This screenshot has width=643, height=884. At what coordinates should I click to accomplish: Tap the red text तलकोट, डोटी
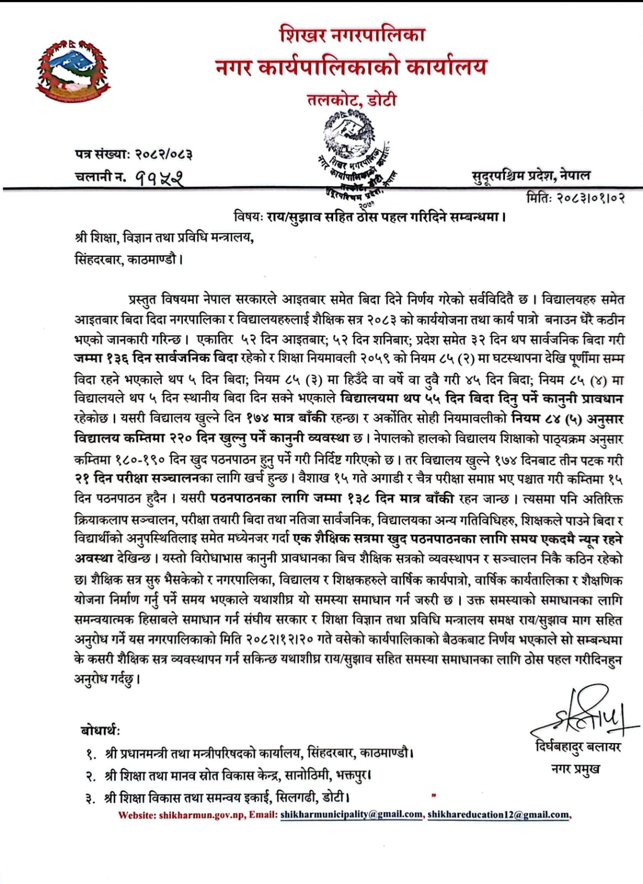click(352, 100)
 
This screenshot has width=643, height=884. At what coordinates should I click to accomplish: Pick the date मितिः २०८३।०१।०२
click(576, 198)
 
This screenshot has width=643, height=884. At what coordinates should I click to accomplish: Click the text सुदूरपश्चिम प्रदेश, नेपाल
click(530, 176)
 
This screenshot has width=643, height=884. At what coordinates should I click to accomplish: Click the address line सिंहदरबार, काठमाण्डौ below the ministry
click(128, 259)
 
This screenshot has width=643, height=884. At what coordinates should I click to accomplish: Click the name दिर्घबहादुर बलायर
click(578, 747)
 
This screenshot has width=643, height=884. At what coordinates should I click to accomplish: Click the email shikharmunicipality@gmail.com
click(351, 814)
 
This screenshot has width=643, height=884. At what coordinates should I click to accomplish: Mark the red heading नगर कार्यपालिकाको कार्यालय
click(351, 67)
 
